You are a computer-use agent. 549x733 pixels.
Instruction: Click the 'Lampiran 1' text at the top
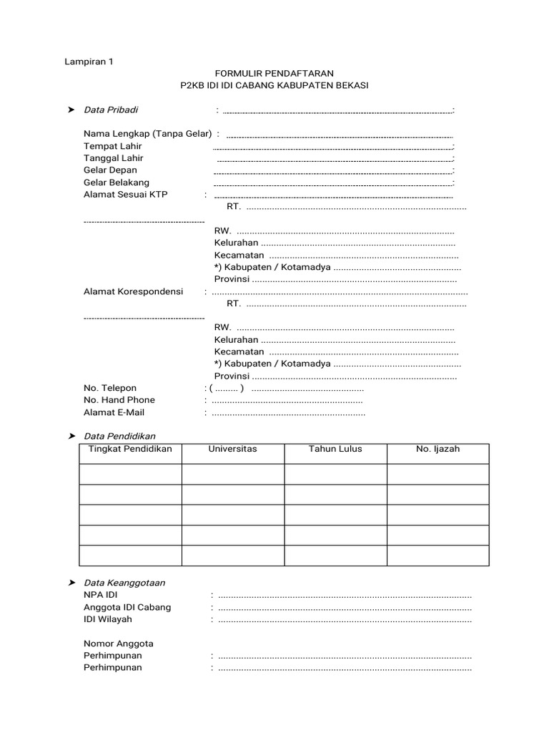pyautogui.click(x=89, y=62)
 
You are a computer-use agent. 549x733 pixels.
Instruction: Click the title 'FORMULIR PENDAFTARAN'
pyautogui.click(x=274, y=74)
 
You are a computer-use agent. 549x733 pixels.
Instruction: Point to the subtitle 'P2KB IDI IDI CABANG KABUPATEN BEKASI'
pyautogui.click(x=274, y=86)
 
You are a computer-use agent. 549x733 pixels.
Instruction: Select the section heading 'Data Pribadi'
pyautogui.click(x=111, y=110)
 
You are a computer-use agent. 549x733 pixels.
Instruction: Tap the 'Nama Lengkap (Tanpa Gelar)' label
pyautogui.click(x=148, y=134)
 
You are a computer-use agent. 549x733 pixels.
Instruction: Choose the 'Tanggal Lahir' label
pyautogui.click(x=114, y=158)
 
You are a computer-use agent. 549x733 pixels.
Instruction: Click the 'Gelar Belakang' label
pyautogui.click(x=117, y=183)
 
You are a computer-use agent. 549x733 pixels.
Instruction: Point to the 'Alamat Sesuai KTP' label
pyautogui.click(x=125, y=195)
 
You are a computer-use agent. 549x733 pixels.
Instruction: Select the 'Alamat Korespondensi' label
pyautogui.click(x=133, y=291)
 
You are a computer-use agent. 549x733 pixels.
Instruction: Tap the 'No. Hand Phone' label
pyautogui.click(x=119, y=400)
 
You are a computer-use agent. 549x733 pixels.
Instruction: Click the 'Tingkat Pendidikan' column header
pyautogui.click(x=129, y=450)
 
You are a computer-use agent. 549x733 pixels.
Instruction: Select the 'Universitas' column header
pyautogui.click(x=232, y=450)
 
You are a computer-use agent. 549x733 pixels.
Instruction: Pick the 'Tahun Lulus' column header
pyautogui.click(x=335, y=450)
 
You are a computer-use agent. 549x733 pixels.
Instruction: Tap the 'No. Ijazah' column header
pyautogui.click(x=437, y=450)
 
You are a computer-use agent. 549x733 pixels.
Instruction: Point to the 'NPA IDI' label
pyautogui.click(x=101, y=596)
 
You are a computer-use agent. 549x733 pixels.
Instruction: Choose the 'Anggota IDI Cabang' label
pyautogui.click(x=127, y=608)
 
